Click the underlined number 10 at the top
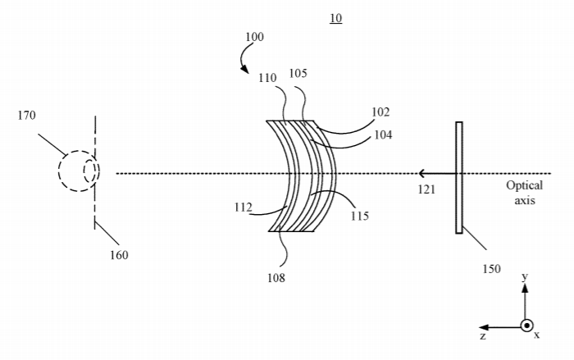[x=335, y=18]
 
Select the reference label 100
[x=254, y=37]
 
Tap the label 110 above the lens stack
[x=267, y=78]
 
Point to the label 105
[x=298, y=74]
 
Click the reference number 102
[x=380, y=112]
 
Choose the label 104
[x=383, y=135]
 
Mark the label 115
[x=359, y=216]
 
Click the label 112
[x=244, y=207]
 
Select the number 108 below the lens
[x=276, y=278]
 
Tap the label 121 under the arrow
[x=426, y=189]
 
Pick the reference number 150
[x=491, y=269]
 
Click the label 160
[x=119, y=255]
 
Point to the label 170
[x=27, y=116]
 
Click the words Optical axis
[x=525, y=193]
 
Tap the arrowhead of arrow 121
[x=421, y=173]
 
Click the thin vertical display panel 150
[x=459, y=178]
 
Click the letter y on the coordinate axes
[x=525, y=276]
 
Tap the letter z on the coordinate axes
[x=483, y=336]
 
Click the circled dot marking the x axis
[x=526, y=326]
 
